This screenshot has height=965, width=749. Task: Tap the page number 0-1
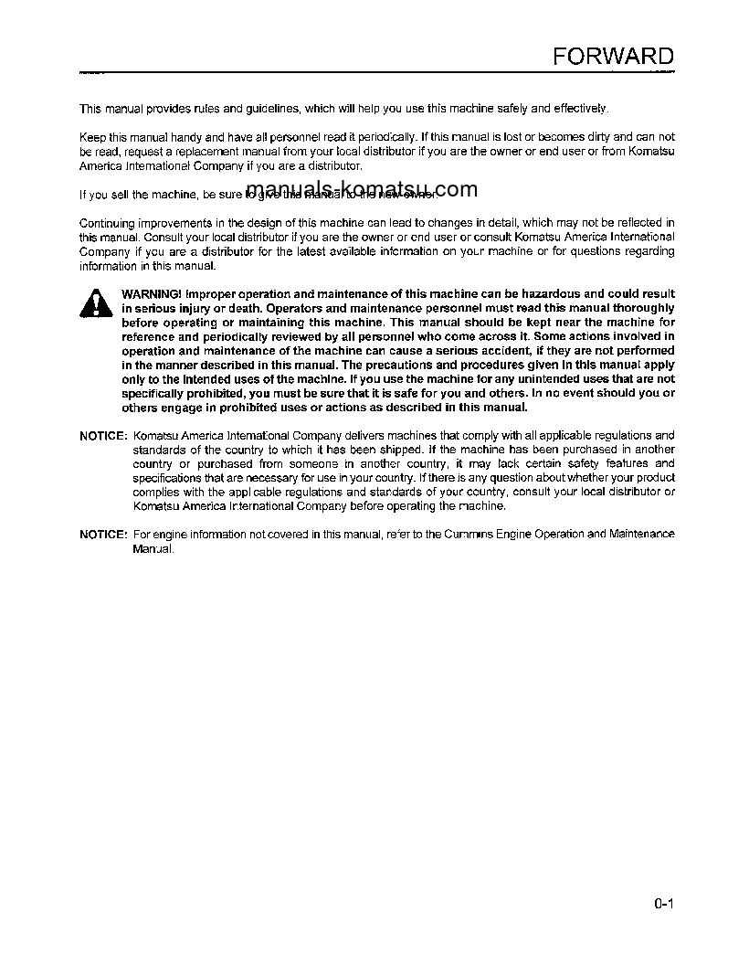(663, 905)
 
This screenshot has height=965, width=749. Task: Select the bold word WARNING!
(151, 294)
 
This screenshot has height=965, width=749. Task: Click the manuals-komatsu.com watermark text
(362, 190)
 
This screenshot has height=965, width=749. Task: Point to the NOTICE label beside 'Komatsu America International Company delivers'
(103, 436)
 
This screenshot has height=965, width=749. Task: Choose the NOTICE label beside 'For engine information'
(103, 534)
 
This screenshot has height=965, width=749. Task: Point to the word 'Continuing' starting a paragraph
(106, 222)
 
